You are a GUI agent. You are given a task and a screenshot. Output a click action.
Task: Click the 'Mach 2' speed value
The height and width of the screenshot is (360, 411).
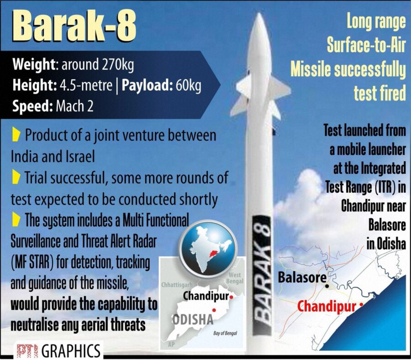[74, 107]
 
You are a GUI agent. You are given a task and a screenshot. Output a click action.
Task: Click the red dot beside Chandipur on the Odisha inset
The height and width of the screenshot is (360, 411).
[232, 297]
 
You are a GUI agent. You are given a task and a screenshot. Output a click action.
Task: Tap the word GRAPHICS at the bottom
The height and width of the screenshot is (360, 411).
[71, 351]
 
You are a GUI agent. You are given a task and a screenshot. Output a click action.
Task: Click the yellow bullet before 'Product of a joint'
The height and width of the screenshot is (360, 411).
[16, 135]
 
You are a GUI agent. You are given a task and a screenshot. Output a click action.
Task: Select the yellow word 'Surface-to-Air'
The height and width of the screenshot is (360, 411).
[366, 45]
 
